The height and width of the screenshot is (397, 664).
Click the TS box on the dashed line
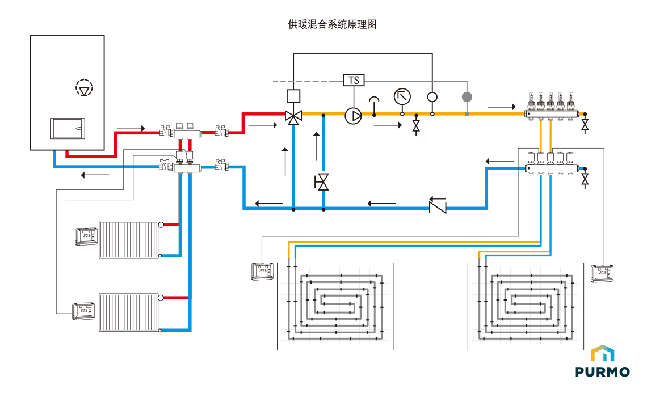(x=354, y=80)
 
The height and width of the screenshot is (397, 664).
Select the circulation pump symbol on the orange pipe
(x=354, y=116)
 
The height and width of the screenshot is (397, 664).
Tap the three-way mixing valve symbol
(x=293, y=117)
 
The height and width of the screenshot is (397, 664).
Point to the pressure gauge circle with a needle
(x=402, y=97)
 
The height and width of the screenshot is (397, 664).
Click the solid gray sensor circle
(x=467, y=97)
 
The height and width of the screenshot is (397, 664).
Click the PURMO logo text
(x=602, y=372)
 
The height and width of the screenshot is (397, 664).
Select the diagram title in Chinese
(x=332, y=24)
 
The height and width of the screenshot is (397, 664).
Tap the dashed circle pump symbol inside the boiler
(x=84, y=88)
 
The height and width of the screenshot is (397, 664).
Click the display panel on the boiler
(x=68, y=128)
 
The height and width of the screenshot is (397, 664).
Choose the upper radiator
(x=129, y=239)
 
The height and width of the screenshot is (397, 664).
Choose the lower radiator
(x=129, y=312)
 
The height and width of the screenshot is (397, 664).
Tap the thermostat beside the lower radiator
(x=83, y=311)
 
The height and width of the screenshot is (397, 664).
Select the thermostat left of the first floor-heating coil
(x=263, y=271)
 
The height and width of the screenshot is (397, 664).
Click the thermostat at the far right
(x=601, y=273)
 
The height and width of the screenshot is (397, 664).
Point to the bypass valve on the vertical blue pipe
(x=323, y=183)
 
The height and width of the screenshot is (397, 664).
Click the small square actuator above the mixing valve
(x=293, y=95)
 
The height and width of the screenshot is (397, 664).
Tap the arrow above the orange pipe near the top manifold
(x=501, y=106)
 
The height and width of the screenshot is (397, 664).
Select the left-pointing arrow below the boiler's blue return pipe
(x=95, y=175)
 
